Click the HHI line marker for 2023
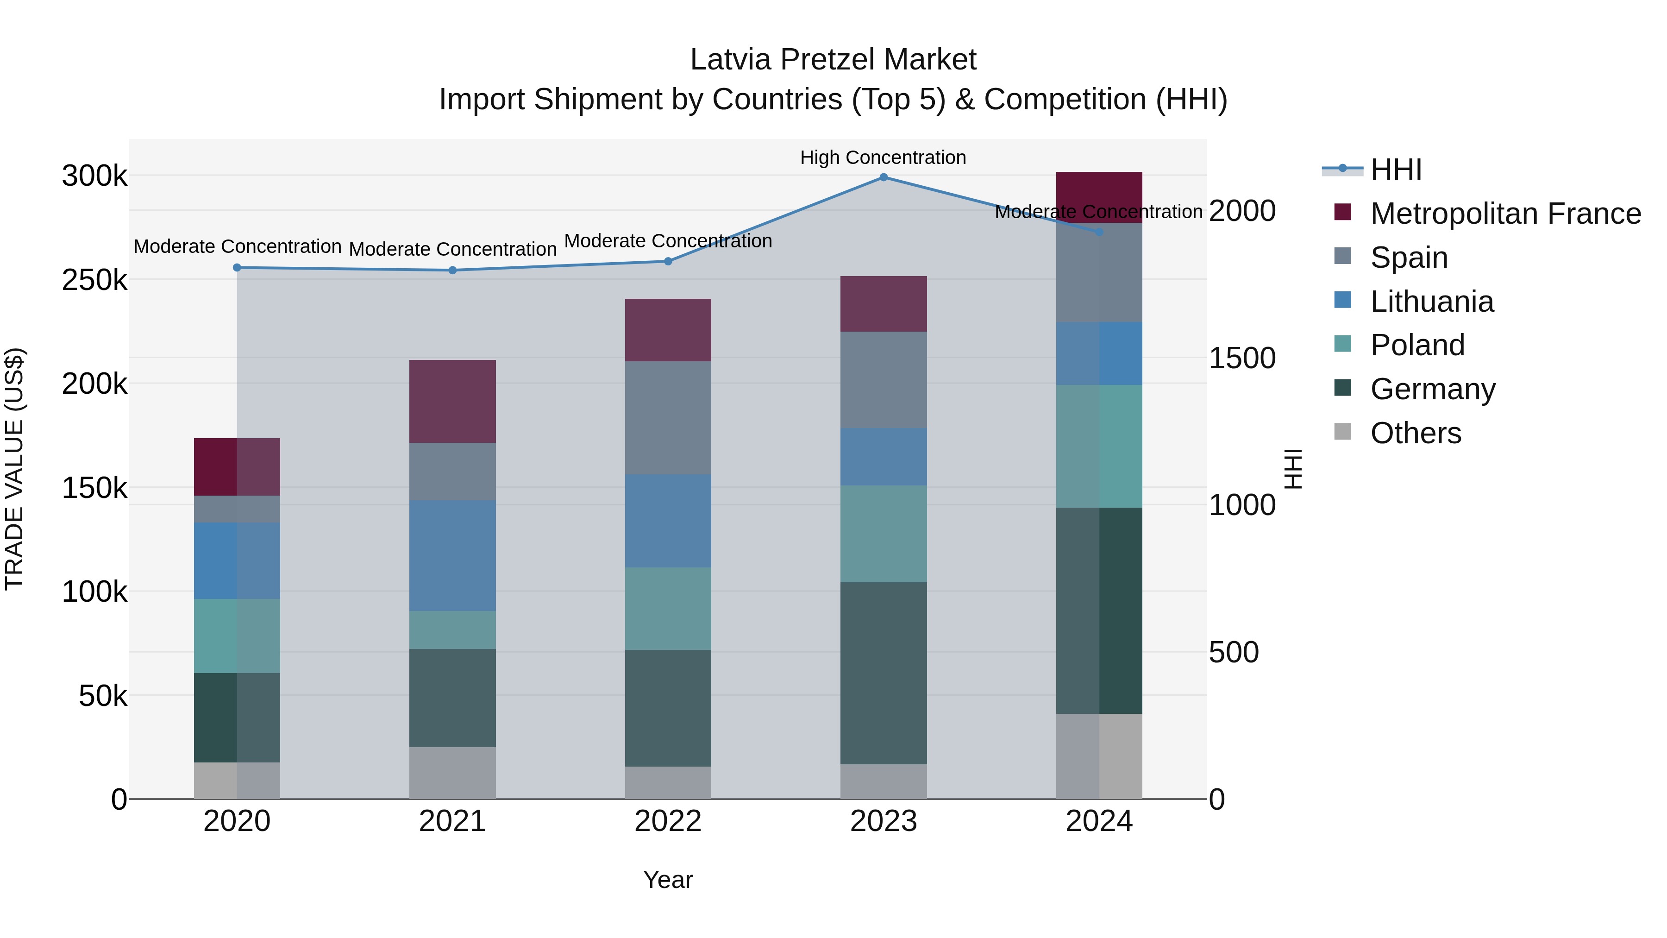884,177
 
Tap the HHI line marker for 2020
237,267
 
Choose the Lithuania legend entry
1431,302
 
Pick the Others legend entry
1415,433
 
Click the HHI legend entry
1396,170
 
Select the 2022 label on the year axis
668,821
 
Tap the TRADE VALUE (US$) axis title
14,469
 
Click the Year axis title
668,880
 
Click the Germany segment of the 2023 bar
884,673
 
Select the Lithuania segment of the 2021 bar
452,555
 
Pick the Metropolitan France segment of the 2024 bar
1099,197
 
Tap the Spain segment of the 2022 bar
668,417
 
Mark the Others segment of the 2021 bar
452,773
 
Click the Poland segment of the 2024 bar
1099,446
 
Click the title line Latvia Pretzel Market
833,60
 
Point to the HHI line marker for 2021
452,270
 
